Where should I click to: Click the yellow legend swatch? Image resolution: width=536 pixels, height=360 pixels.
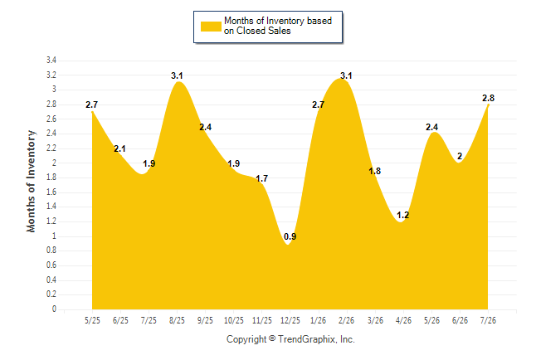[x=211, y=27]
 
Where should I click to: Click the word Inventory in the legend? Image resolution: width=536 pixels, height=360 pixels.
[x=285, y=21]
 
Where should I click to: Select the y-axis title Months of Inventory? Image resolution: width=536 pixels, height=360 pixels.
[x=31, y=181]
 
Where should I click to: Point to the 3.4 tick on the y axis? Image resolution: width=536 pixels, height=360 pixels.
[x=51, y=61]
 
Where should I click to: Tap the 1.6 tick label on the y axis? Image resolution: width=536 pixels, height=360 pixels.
[x=51, y=192]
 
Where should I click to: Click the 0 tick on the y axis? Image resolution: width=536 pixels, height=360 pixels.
[x=54, y=309]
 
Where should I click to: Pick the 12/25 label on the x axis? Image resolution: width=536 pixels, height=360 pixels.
[x=290, y=321]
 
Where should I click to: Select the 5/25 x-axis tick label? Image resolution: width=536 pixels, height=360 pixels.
[x=92, y=321]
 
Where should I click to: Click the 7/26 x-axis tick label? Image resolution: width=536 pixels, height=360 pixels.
[x=488, y=321]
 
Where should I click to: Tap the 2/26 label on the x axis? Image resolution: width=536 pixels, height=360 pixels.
[x=346, y=321]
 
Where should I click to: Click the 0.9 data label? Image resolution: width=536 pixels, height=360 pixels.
[x=290, y=236]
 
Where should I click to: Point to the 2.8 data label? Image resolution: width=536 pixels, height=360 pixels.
[x=488, y=98]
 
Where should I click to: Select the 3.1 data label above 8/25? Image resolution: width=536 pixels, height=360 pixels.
[x=177, y=75]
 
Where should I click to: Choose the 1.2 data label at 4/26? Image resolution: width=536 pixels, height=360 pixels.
[x=403, y=215]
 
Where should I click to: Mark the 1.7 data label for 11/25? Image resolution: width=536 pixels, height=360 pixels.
[x=262, y=178]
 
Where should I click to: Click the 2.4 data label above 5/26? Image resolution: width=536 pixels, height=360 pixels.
[x=431, y=127]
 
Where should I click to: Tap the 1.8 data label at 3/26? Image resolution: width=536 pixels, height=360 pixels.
[x=375, y=171]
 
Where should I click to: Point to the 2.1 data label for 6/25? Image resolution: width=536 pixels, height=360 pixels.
[x=119, y=148]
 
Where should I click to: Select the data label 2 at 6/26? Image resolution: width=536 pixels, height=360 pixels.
[x=460, y=156]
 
